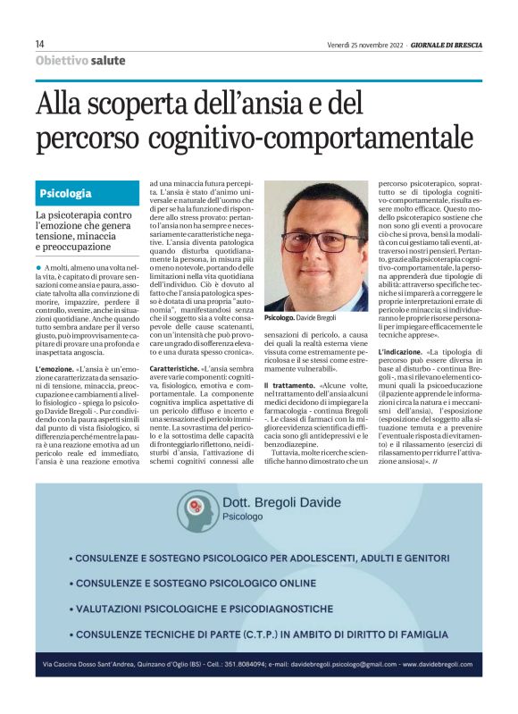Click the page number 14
pyautogui.click(x=39, y=44)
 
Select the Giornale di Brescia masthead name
pyautogui.click(x=447, y=44)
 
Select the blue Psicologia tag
pyautogui.click(x=65, y=194)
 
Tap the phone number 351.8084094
pyautogui.click(x=252, y=666)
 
